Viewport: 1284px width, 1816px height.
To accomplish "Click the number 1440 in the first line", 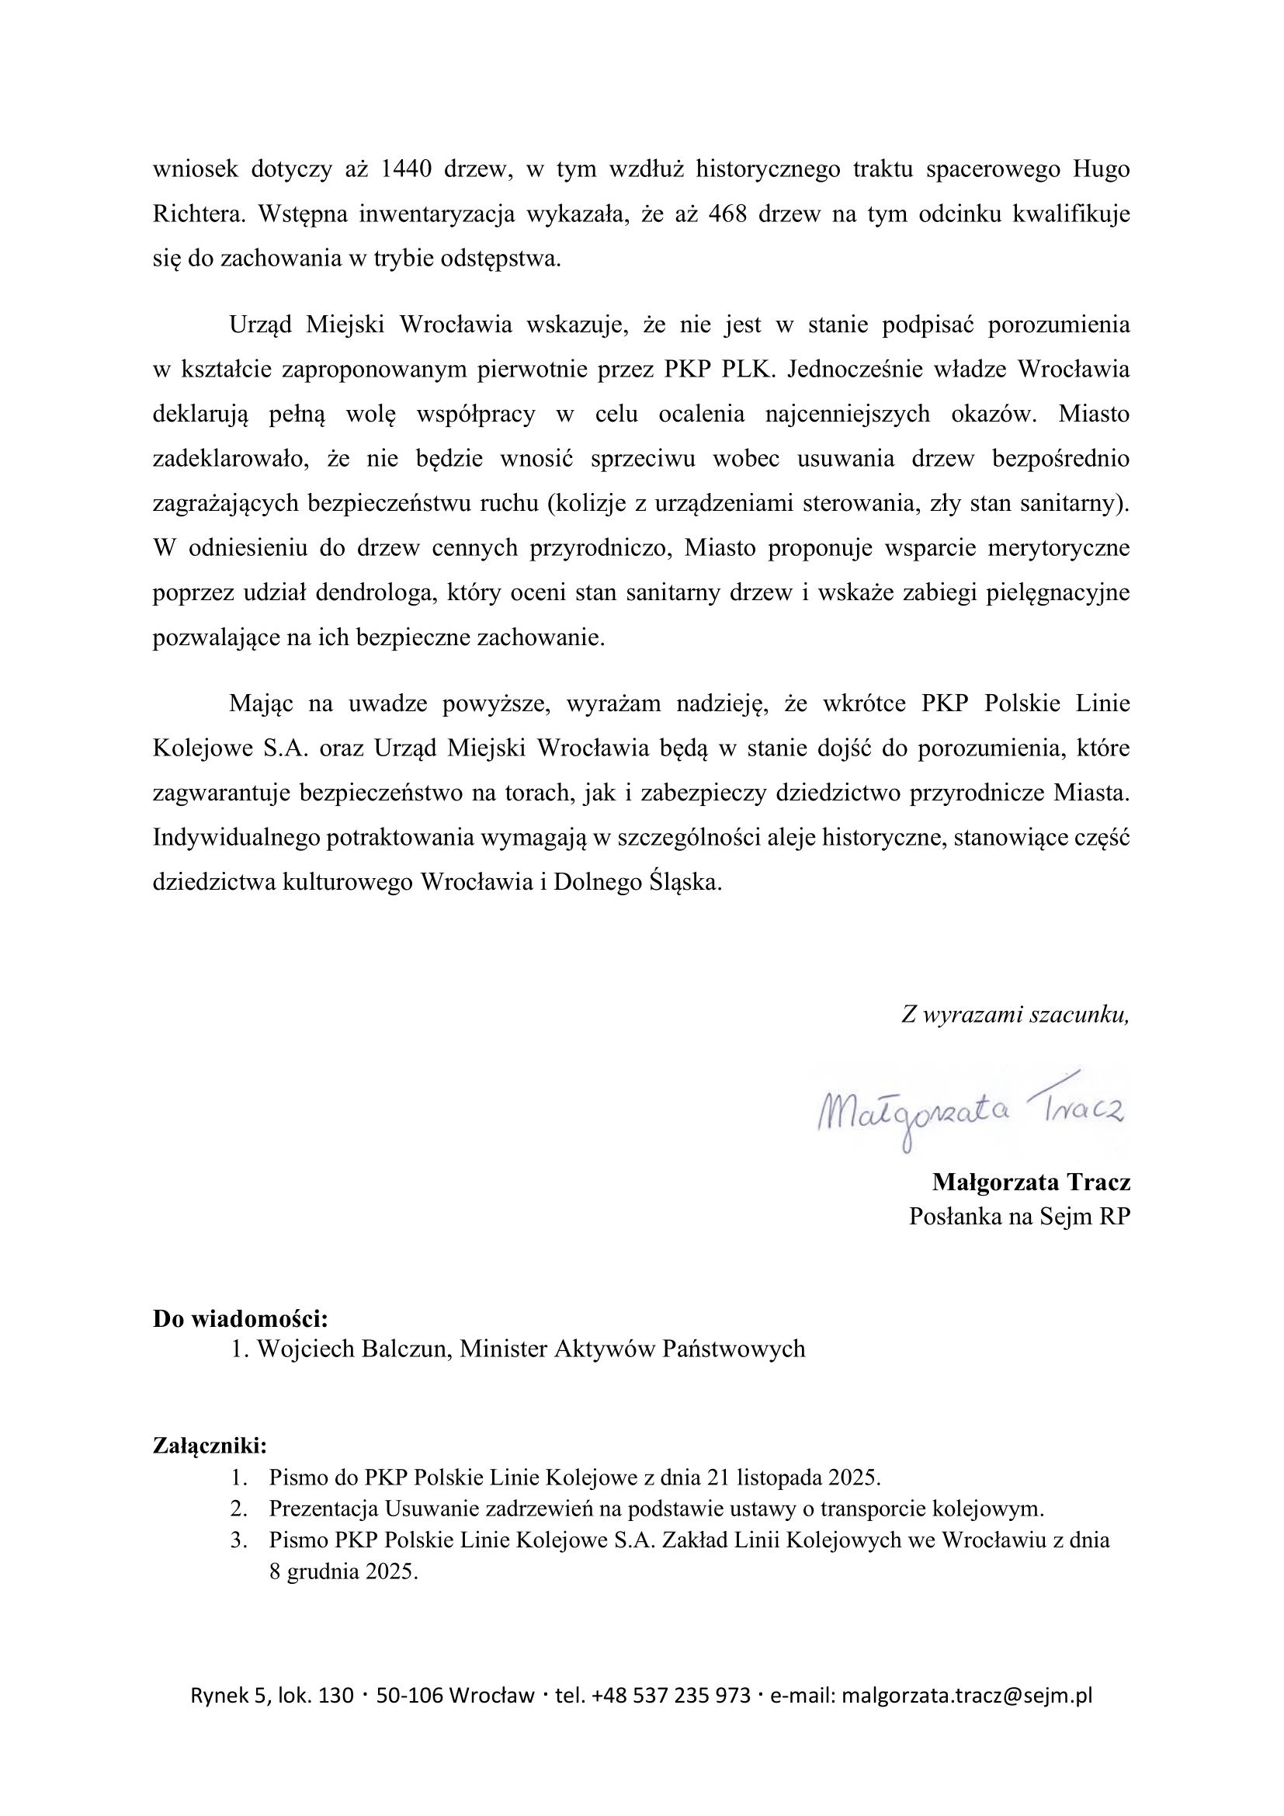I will [x=405, y=170].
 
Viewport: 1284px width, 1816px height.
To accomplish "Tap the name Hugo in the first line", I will [x=1103, y=170].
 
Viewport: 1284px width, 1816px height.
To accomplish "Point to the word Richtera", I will [x=199, y=214].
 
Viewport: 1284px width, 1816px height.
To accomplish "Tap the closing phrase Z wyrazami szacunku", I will [x=1015, y=1015].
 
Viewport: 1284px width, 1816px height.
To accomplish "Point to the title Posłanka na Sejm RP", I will [x=1019, y=1216].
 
